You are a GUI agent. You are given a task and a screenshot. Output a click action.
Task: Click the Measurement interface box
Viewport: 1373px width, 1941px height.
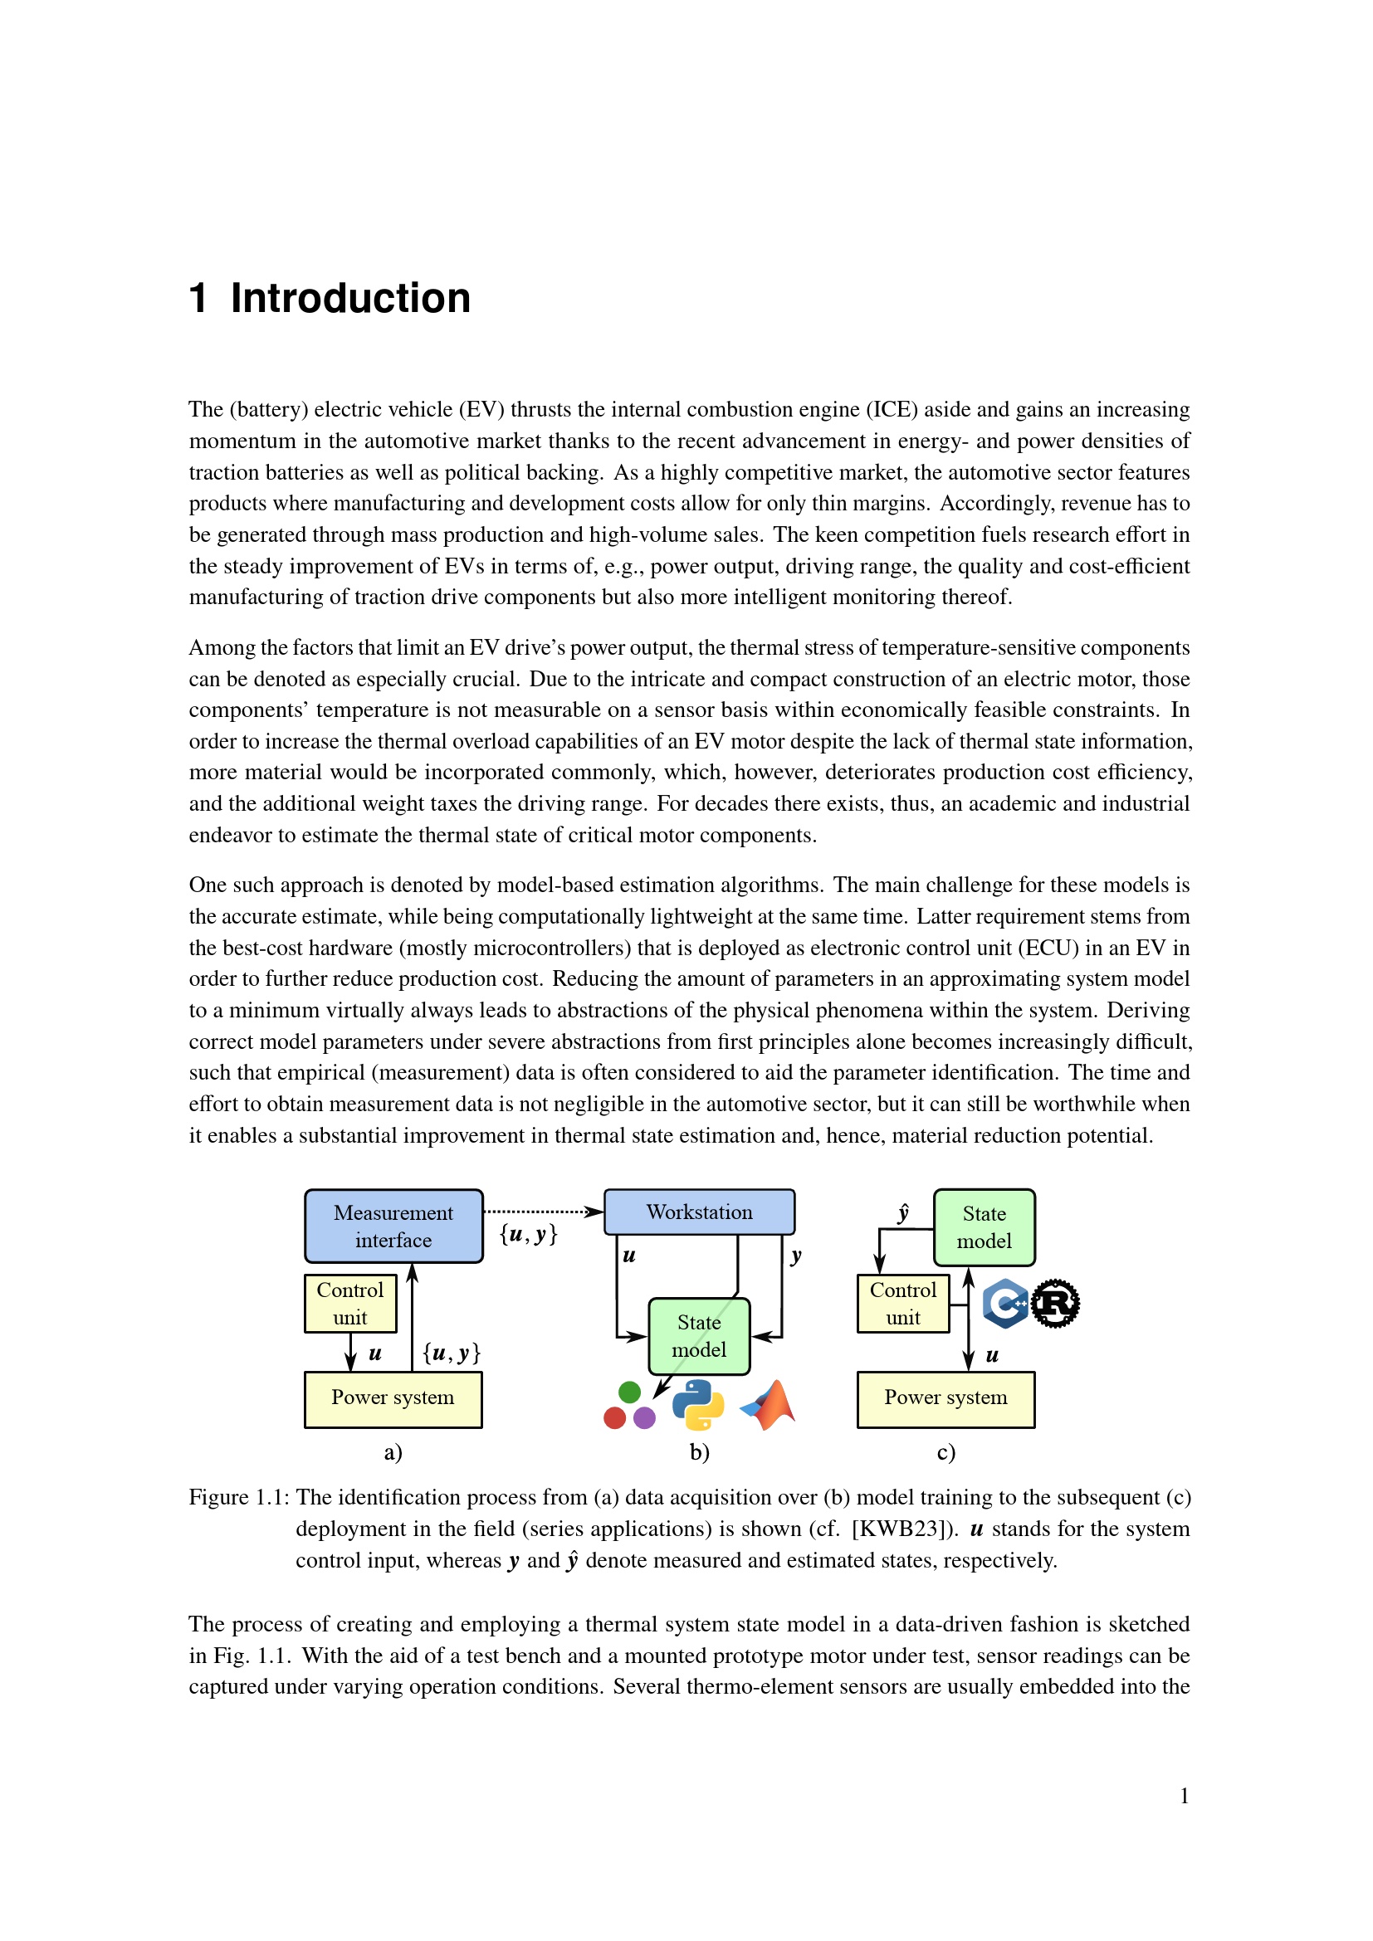point(393,1226)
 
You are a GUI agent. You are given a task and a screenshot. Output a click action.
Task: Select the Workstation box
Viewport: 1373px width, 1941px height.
point(699,1212)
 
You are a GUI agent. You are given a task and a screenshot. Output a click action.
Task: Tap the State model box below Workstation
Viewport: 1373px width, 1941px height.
point(699,1336)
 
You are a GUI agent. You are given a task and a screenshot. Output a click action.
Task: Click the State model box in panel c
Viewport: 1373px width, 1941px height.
point(985,1227)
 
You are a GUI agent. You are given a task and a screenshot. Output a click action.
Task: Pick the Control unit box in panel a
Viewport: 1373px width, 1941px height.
point(350,1303)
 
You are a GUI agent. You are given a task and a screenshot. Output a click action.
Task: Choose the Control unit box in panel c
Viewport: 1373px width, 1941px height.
point(903,1303)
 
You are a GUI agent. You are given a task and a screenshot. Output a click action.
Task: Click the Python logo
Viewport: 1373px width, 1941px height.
point(698,1405)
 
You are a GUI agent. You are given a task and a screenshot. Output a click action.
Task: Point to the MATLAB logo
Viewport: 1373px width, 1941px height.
point(770,1405)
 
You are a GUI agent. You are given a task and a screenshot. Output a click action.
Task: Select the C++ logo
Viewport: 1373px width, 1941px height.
point(1005,1303)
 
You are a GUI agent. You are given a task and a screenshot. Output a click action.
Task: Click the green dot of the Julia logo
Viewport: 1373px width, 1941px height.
point(630,1392)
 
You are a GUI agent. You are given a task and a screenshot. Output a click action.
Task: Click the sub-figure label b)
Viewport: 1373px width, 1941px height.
point(699,1452)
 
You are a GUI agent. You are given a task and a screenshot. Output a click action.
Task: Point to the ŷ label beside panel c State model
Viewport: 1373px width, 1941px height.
point(903,1214)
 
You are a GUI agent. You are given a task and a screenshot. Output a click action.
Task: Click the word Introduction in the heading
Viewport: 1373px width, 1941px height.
point(350,299)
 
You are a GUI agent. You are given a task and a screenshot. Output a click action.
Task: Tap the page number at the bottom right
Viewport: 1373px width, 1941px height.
point(1185,1796)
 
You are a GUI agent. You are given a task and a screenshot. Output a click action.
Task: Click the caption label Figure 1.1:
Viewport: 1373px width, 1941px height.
point(239,1497)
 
